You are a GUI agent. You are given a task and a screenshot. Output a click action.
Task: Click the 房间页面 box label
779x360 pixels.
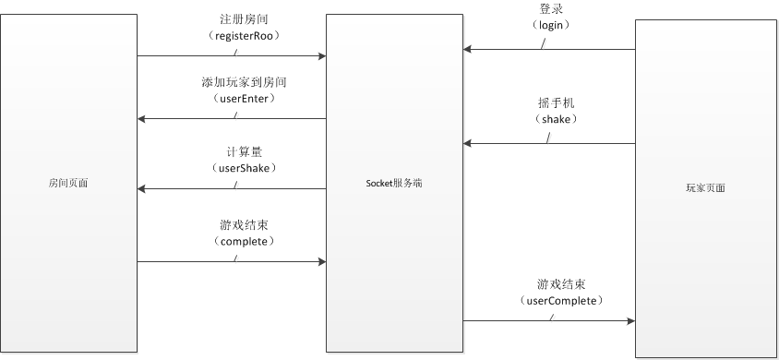click(68, 184)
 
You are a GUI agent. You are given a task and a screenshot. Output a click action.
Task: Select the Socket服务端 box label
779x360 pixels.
click(394, 184)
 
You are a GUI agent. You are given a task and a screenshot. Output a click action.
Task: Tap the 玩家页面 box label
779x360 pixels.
click(705, 187)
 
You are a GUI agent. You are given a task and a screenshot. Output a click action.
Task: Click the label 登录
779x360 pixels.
click(552, 8)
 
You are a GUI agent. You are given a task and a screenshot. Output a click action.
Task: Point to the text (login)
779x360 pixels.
click(552, 25)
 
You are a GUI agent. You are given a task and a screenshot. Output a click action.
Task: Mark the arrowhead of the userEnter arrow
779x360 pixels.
click(142, 119)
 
